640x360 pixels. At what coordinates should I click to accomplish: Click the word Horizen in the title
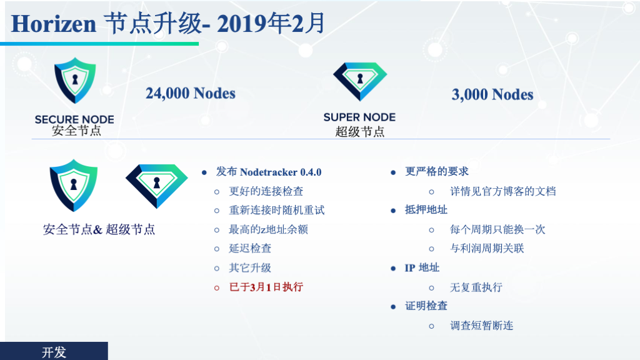54,24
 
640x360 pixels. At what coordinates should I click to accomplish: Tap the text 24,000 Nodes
191,94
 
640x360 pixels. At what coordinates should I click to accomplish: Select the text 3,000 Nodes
492,95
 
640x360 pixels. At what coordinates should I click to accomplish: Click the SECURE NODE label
74,119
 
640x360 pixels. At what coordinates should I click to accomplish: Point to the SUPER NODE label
359,117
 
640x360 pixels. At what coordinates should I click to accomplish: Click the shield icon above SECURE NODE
75,81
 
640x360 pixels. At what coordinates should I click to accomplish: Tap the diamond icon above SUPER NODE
360,81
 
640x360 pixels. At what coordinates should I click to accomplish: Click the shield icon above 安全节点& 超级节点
74,185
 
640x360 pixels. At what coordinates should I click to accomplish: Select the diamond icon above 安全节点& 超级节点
157,186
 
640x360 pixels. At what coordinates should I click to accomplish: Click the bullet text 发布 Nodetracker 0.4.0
269,172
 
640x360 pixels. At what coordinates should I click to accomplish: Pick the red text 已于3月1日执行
266,287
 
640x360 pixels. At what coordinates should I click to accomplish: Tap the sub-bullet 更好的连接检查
266,191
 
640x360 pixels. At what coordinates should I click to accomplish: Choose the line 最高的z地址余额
268,229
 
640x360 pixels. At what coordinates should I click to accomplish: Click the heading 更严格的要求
437,171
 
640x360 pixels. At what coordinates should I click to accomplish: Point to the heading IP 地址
422,267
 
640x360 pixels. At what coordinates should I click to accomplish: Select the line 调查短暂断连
482,326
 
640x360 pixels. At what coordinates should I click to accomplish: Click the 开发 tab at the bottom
54,351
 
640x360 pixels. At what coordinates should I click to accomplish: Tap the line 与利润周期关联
487,249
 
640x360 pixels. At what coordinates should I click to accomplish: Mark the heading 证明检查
426,306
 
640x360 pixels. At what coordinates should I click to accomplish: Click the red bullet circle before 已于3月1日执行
217,288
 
